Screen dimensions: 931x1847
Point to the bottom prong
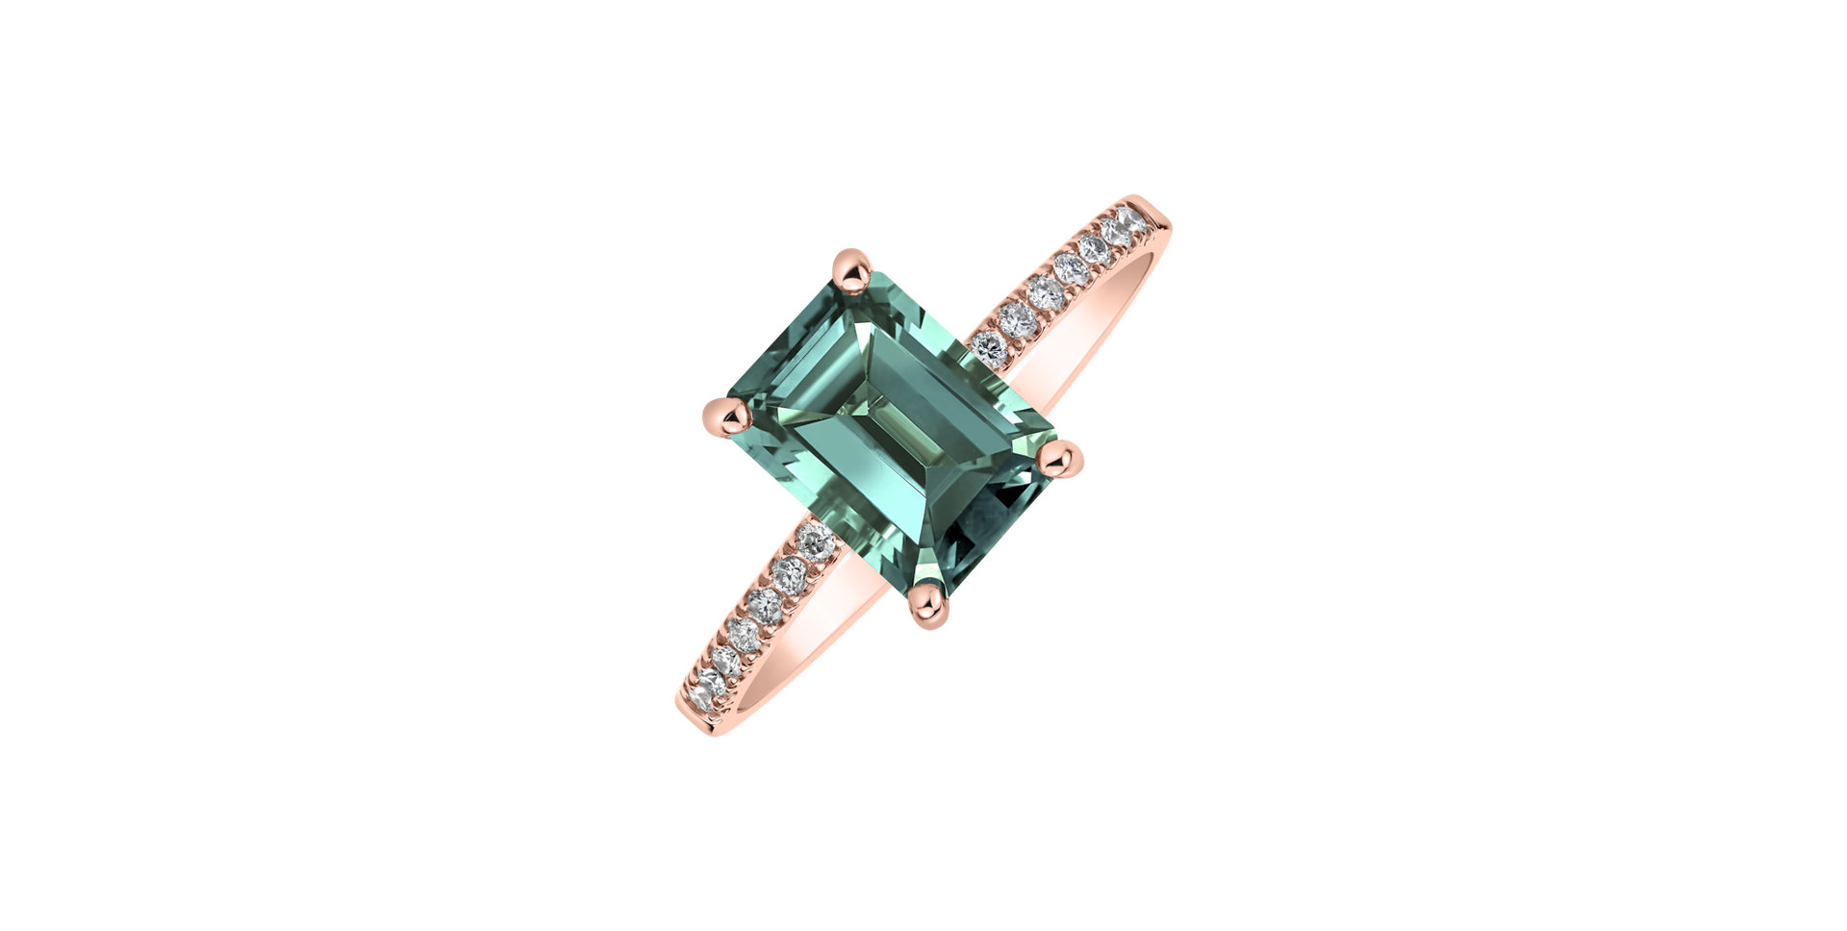(x=928, y=605)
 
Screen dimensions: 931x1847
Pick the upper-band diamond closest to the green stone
(x=989, y=347)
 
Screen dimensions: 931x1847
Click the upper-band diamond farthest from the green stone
(x=1132, y=219)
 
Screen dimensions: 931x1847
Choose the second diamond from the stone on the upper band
(x=1016, y=318)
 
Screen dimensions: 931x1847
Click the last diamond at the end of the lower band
(x=707, y=685)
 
